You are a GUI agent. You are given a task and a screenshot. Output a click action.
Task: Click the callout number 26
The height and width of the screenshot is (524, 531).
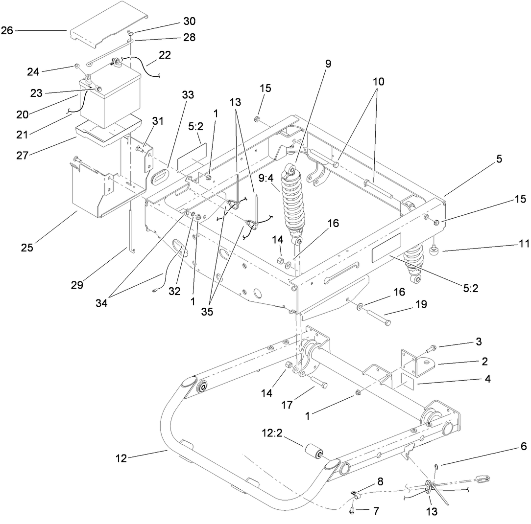pos(7,30)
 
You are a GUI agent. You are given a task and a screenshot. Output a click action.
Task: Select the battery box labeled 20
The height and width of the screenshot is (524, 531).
pos(110,95)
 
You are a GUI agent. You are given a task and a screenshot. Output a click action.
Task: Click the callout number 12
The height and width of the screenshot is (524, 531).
pos(121,458)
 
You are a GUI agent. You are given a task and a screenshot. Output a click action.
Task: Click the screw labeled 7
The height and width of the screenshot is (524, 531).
pos(353,510)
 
